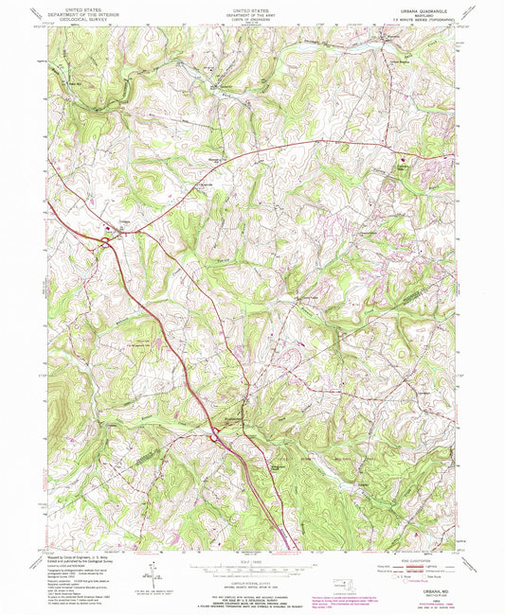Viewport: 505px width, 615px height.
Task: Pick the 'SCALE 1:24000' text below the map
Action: tap(251, 566)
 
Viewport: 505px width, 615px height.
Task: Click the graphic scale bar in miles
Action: tap(251, 571)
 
